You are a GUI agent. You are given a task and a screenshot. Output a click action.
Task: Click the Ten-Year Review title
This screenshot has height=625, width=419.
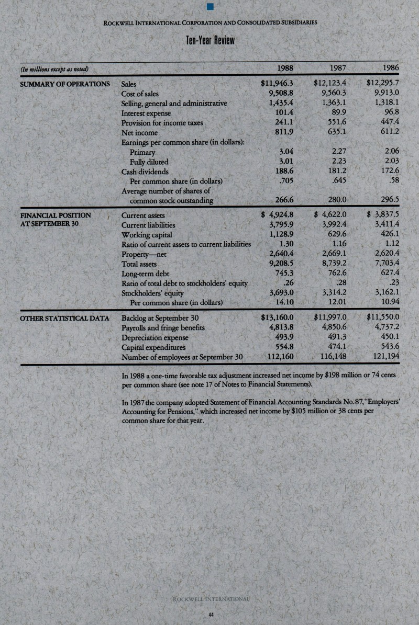[210, 41]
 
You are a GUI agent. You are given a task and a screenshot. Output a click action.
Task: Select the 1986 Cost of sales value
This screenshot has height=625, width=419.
[387, 93]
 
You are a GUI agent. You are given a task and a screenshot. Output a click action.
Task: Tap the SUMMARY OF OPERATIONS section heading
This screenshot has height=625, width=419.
[65, 83]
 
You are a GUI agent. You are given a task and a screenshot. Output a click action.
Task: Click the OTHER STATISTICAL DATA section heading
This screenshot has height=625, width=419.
[64, 318]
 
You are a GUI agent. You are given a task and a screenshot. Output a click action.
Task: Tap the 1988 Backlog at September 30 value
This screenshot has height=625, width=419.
[279, 317]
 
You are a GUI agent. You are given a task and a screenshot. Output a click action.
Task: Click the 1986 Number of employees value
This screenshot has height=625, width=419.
[386, 358]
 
